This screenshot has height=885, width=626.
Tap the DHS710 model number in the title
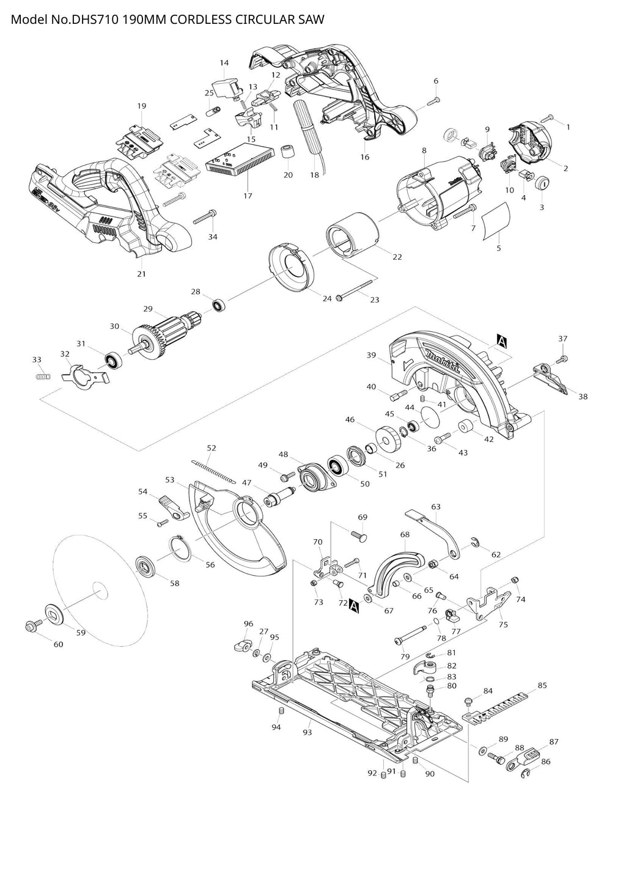coord(95,19)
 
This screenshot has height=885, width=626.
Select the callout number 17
coord(248,196)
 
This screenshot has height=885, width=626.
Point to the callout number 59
coord(81,633)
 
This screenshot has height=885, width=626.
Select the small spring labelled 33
coord(42,376)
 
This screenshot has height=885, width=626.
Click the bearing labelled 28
coord(218,305)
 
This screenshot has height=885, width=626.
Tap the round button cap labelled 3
coord(543,183)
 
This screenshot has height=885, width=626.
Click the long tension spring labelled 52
coord(213,471)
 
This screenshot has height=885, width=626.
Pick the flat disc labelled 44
coord(430,417)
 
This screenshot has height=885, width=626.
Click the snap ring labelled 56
coord(181,548)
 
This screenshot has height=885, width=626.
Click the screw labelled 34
coord(205,218)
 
